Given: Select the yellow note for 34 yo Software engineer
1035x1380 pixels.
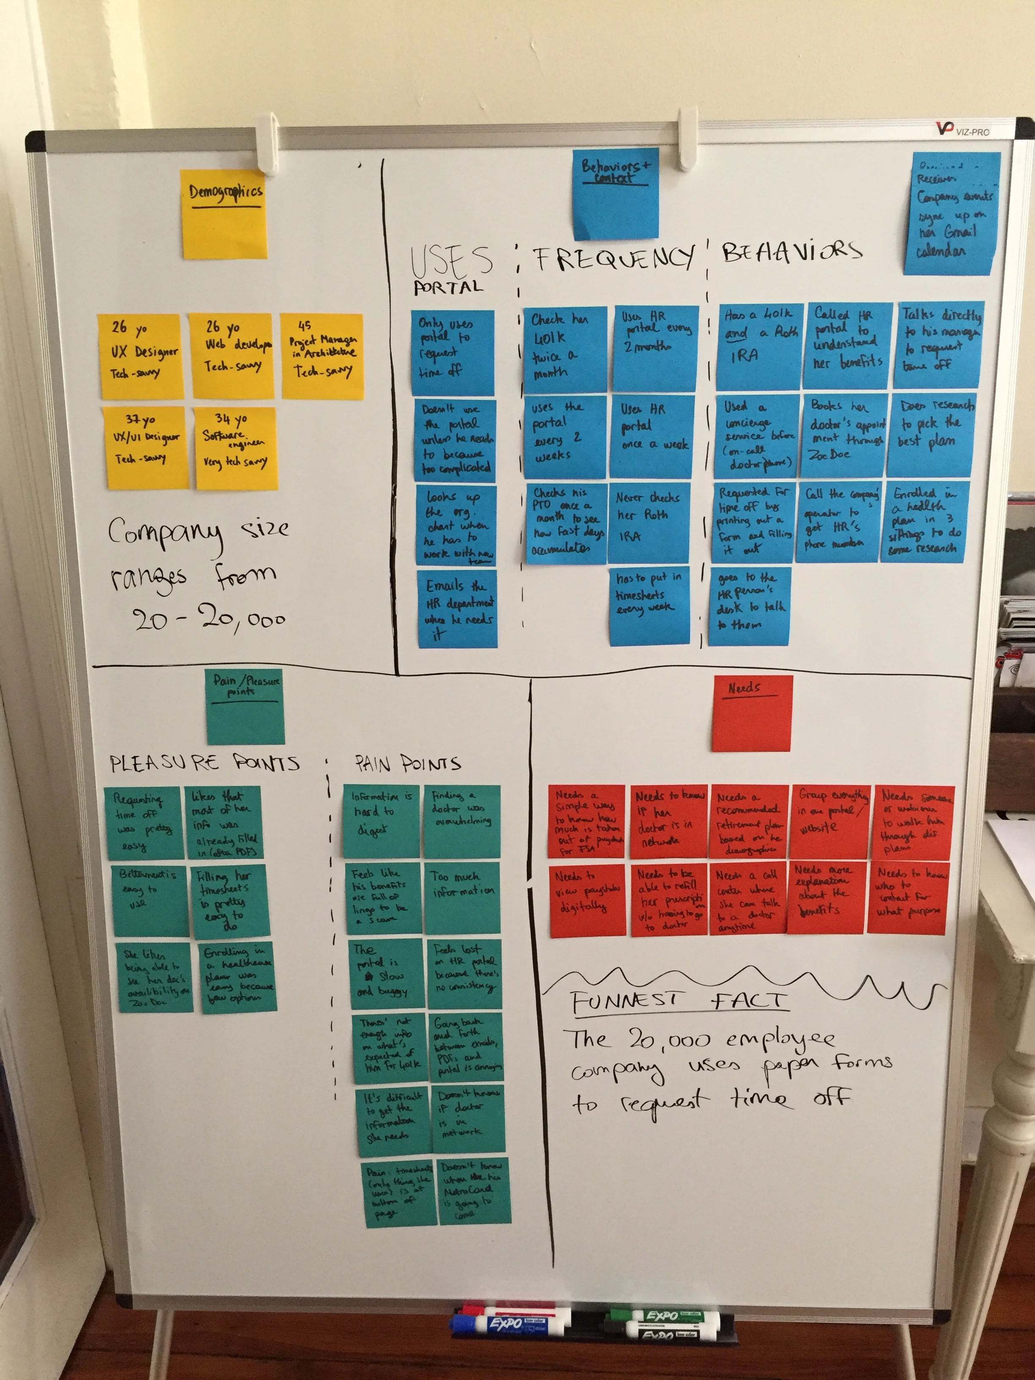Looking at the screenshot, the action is (x=235, y=447).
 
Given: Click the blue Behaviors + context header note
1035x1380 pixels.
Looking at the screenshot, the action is (x=616, y=193).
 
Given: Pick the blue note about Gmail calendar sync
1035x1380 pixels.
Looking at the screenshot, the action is (x=951, y=214).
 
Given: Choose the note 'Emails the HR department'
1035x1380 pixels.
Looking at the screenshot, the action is (x=457, y=608).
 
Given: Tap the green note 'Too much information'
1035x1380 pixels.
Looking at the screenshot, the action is (x=462, y=896).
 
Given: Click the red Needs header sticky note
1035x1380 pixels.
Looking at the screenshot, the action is (x=752, y=713).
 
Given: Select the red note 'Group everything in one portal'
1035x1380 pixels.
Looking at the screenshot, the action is (x=830, y=821).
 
